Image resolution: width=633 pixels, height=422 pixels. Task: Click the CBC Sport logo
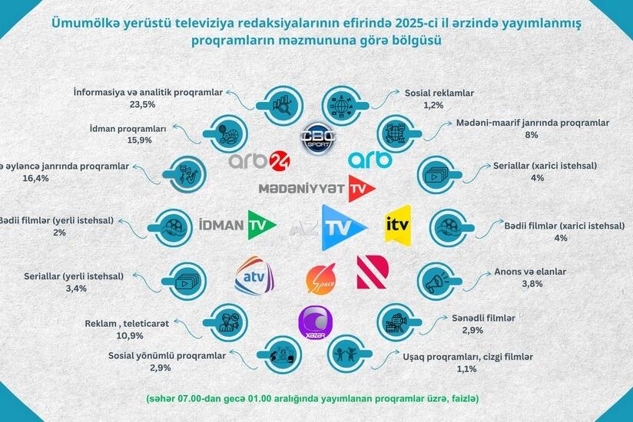(x=316, y=138)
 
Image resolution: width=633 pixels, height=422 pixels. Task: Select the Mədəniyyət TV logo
(x=316, y=187)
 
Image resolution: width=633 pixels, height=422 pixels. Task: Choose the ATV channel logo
(x=254, y=275)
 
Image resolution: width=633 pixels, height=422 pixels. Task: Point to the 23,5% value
(x=143, y=104)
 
